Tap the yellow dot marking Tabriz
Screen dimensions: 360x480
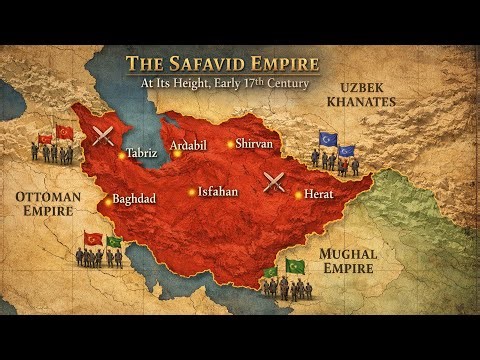coord(122,155)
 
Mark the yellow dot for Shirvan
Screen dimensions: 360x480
coord(230,144)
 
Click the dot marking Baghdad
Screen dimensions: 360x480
coord(108,202)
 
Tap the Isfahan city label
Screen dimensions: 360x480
coord(218,191)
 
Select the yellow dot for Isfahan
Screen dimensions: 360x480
coord(192,192)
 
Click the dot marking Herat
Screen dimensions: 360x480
coord(298,195)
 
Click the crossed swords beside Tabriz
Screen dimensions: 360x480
coord(101,135)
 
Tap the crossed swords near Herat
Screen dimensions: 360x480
coord(275,183)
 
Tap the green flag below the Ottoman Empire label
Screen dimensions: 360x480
coord(115,241)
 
